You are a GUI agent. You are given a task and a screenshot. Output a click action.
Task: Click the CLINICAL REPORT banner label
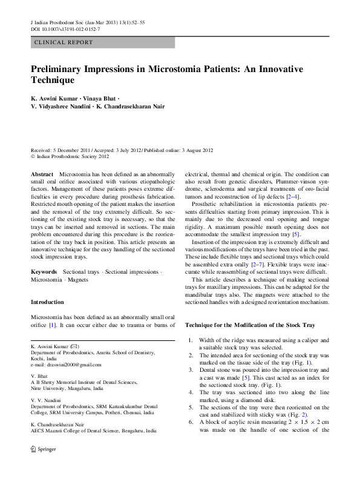(64, 42)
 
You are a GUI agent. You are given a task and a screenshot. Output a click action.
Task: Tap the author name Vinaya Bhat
(98, 98)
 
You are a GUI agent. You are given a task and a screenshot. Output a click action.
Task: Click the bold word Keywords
(44, 273)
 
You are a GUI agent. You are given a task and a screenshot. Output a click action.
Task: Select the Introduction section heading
(47, 302)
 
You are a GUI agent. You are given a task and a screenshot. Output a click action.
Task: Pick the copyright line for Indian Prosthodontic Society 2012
(70, 156)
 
